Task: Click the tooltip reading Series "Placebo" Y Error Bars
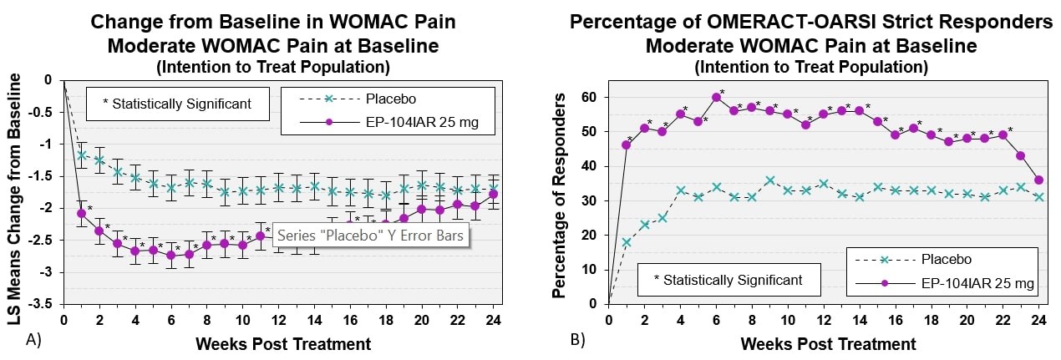pos(368,236)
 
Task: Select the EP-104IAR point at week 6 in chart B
pos(716,97)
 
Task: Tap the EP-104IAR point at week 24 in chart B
pos(1038,180)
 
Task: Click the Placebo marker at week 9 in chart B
pos(769,180)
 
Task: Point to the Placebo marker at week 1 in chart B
pos(627,242)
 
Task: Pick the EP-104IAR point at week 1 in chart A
pos(81,213)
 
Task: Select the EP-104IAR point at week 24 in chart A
pos(493,194)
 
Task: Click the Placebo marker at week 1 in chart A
pos(81,155)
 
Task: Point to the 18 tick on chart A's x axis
pos(385,319)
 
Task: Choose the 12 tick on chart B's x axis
pos(823,320)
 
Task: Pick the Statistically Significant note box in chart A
pos(177,104)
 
